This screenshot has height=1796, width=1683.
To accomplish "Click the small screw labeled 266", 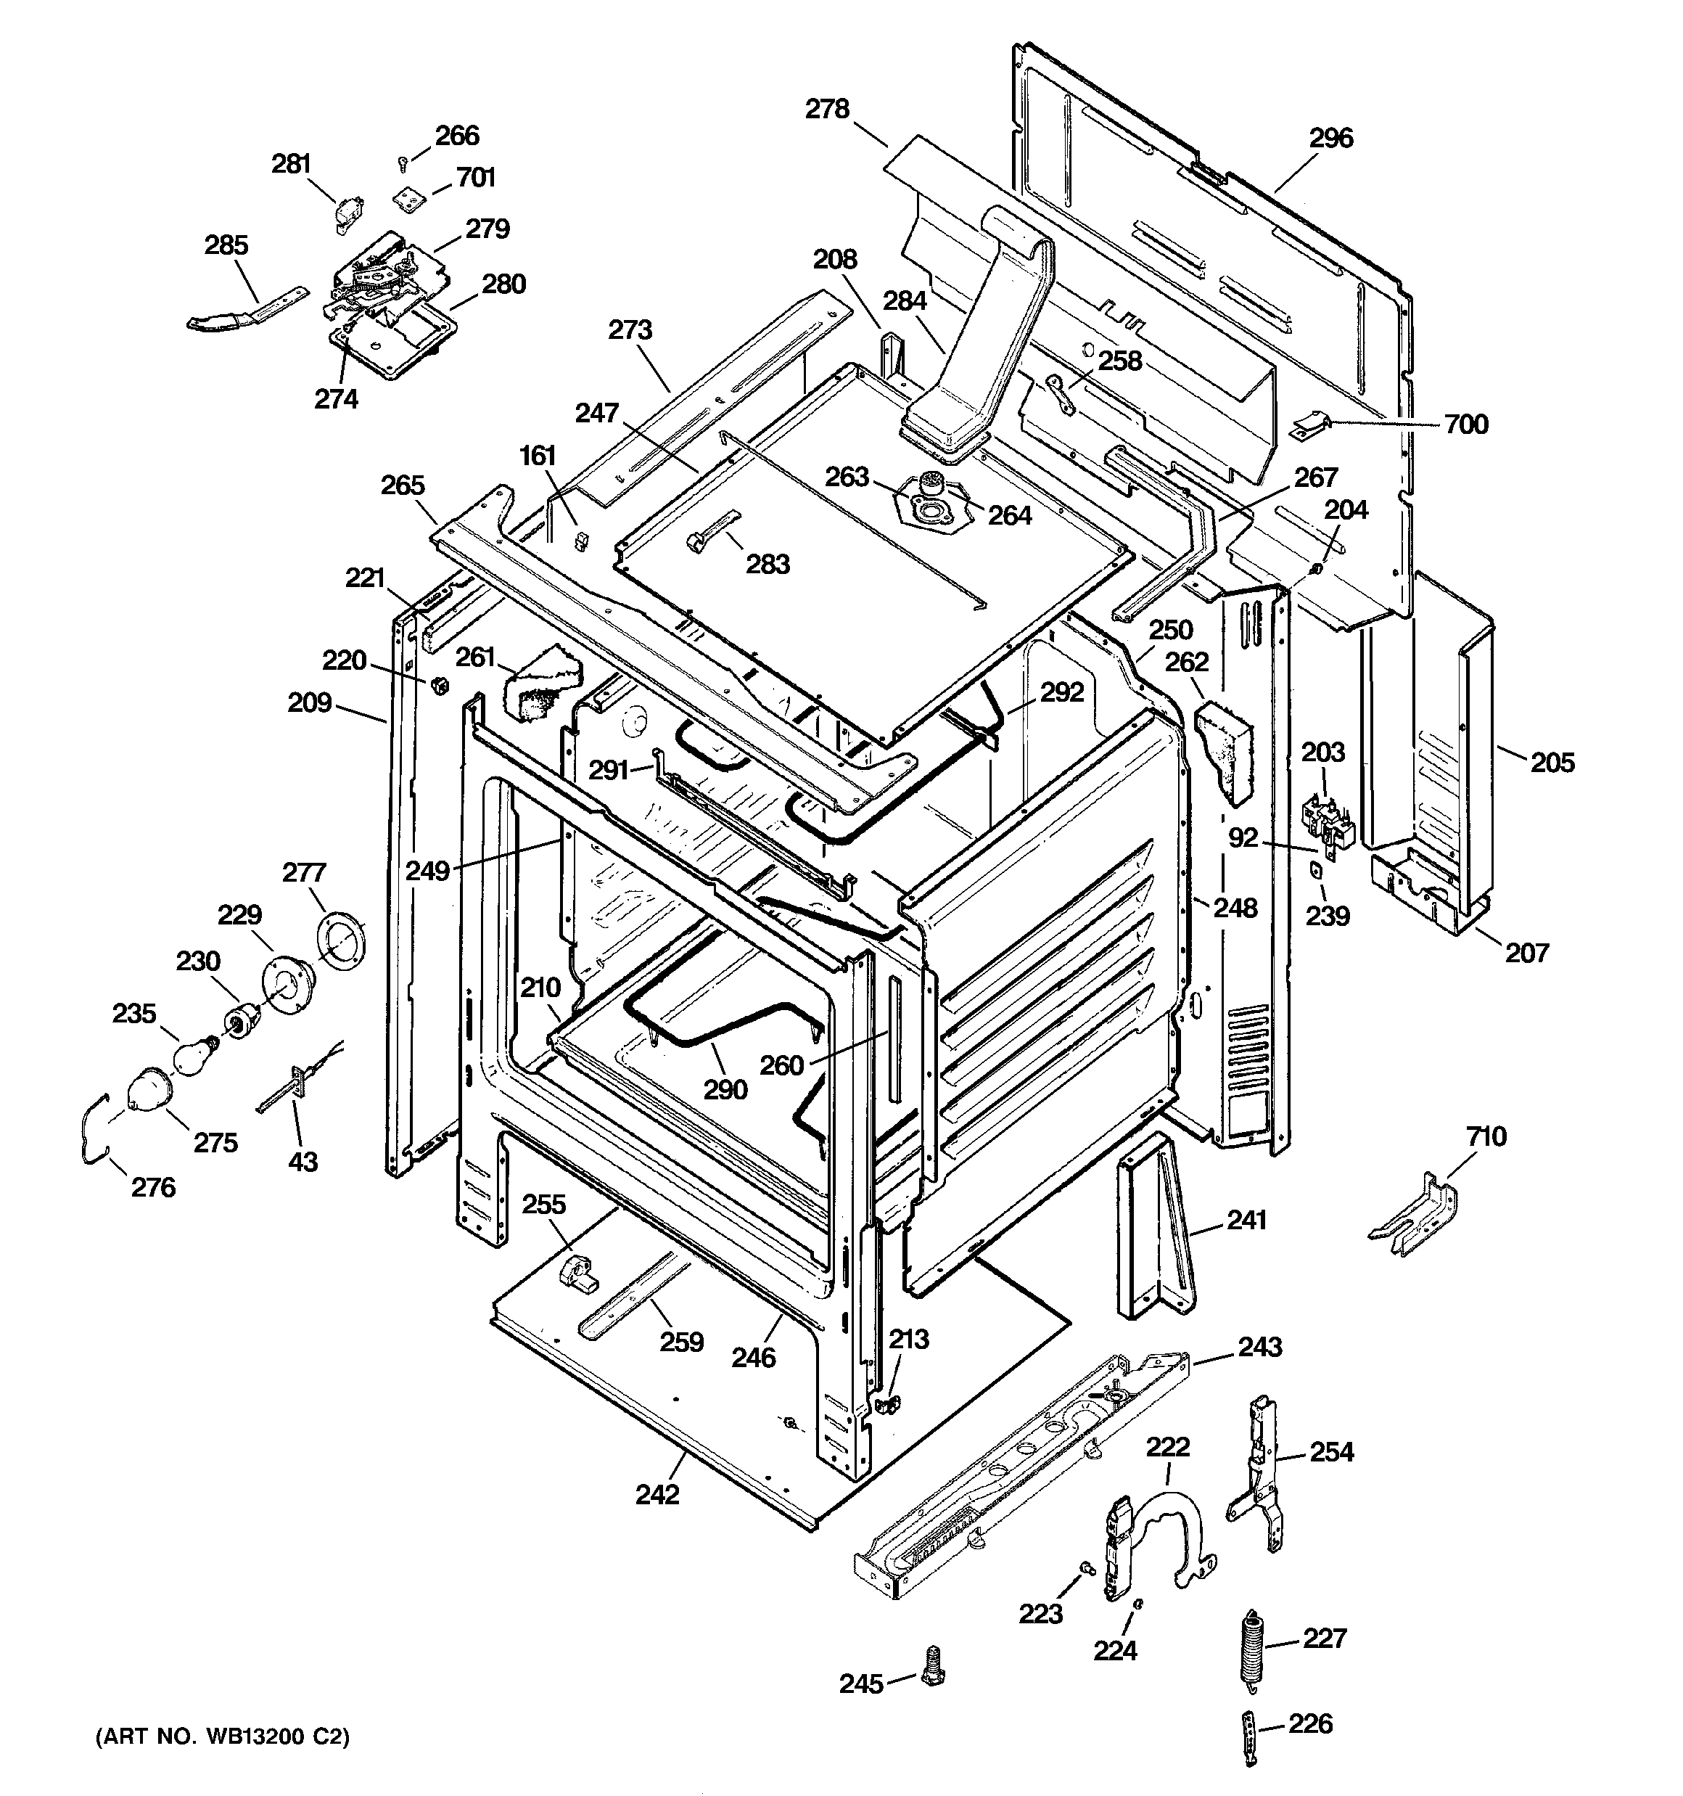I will point(403,163).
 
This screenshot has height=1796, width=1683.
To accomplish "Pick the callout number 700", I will point(1465,424).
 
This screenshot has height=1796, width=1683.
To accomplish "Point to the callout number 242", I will point(657,1495).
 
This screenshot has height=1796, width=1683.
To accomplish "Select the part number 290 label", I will point(725,1089).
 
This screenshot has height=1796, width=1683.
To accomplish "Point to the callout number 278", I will point(828,110).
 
